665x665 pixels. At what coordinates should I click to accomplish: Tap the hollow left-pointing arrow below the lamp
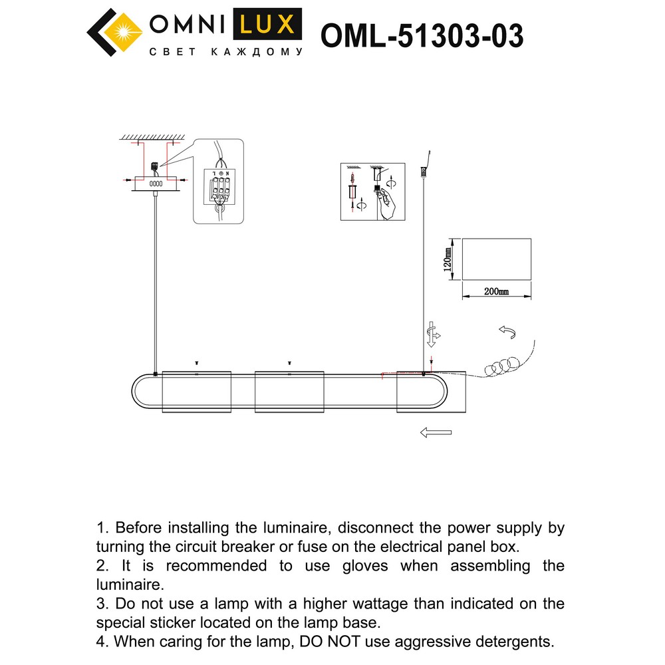436,433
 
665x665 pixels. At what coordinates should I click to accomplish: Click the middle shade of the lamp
289,391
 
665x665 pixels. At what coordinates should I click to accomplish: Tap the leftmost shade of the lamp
197,391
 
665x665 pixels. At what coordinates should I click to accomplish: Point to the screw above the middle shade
289,362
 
